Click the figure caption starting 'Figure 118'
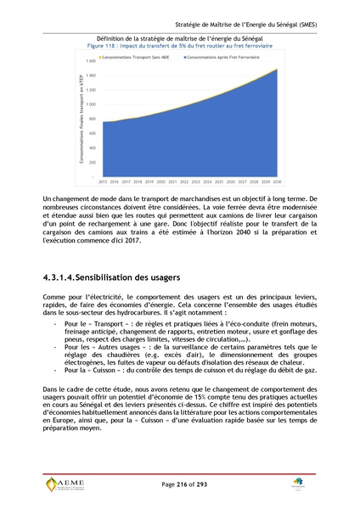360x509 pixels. (x=179, y=46)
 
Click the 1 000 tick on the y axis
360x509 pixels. (x=90, y=105)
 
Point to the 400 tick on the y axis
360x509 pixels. (x=92, y=148)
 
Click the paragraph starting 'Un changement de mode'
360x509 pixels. (x=179, y=219)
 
